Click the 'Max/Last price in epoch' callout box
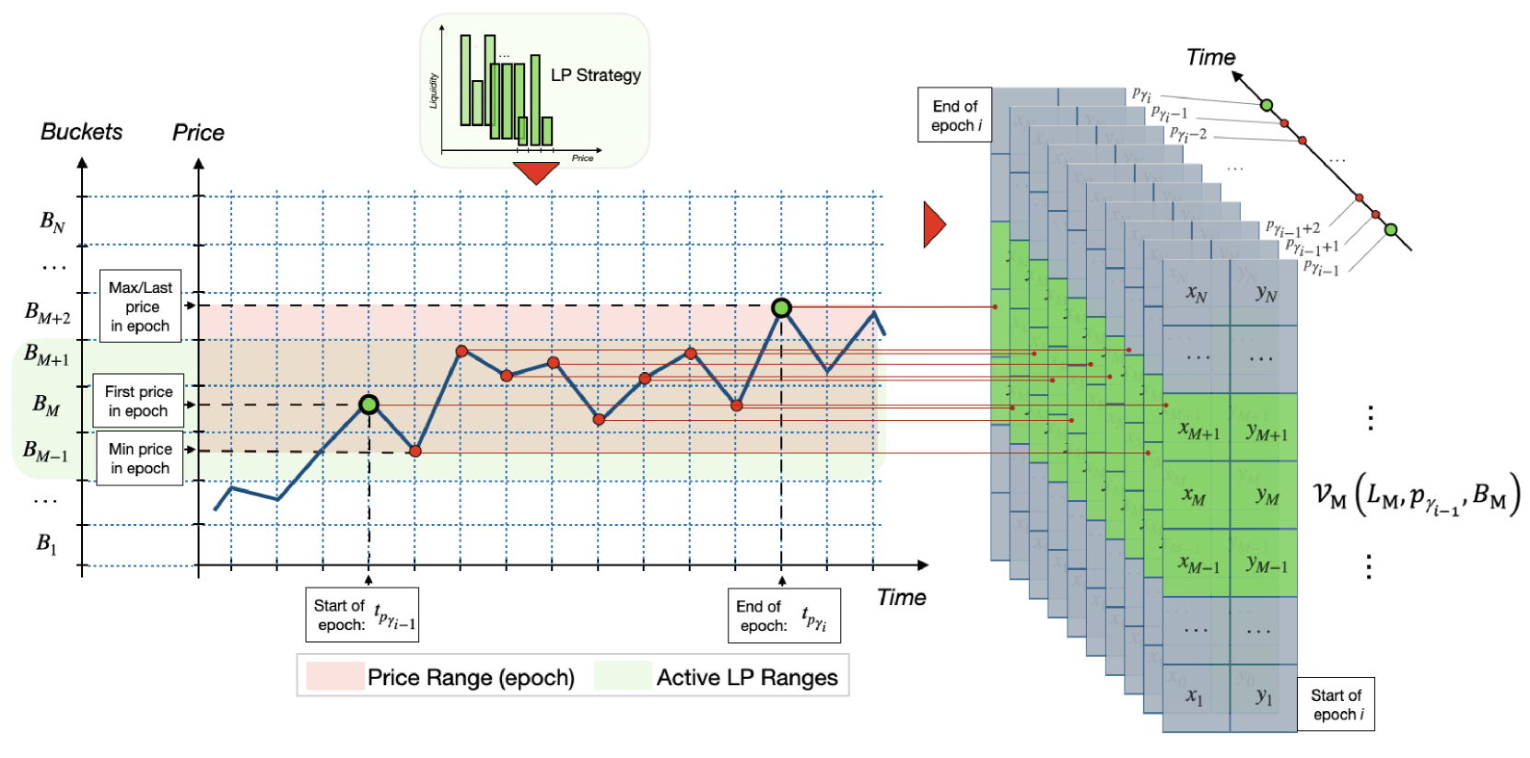click(x=140, y=307)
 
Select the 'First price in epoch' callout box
click(x=138, y=402)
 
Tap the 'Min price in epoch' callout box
click(x=140, y=459)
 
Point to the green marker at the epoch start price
click(x=369, y=404)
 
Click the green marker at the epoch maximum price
click(x=781, y=308)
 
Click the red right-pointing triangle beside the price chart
click(x=934, y=226)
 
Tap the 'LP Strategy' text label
click(x=595, y=76)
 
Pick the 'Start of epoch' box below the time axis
click(x=362, y=615)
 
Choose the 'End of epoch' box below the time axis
click(x=784, y=615)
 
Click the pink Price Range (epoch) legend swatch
click(x=334, y=677)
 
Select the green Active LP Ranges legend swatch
click(x=623, y=677)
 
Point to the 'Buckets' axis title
click(x=81, y=132)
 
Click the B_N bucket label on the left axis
click(x=53, y=222)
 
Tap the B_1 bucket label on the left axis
click(x=47, y=543)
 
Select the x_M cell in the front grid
click(x=1196, y=496)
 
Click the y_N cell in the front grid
click(x=1266, y=293)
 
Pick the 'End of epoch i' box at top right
click(x=955, y=116)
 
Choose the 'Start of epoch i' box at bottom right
click(x=1336, y=705)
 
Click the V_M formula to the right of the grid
click(x=1416, y=497)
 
